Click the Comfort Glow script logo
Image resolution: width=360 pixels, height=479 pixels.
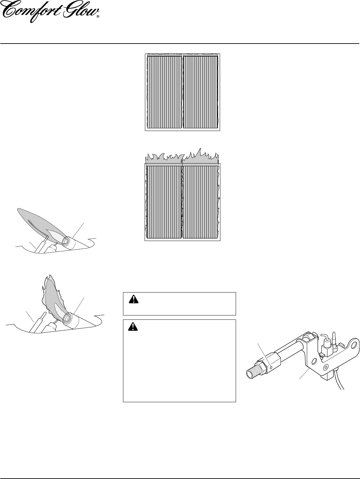click(x=50, y=12)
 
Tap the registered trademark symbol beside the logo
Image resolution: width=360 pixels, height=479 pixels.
click(x=98, y=16)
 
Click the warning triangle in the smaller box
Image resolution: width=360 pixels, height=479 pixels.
click(x=134, y=299)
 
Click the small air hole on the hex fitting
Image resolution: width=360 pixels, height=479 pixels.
click(x=271, y=368)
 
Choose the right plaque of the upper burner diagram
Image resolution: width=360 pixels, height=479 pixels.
click(x=200, y=92)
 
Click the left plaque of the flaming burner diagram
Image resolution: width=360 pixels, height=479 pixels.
click(x=164, y=202)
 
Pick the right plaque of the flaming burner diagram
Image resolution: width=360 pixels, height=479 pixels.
click(x=200, y=202)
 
